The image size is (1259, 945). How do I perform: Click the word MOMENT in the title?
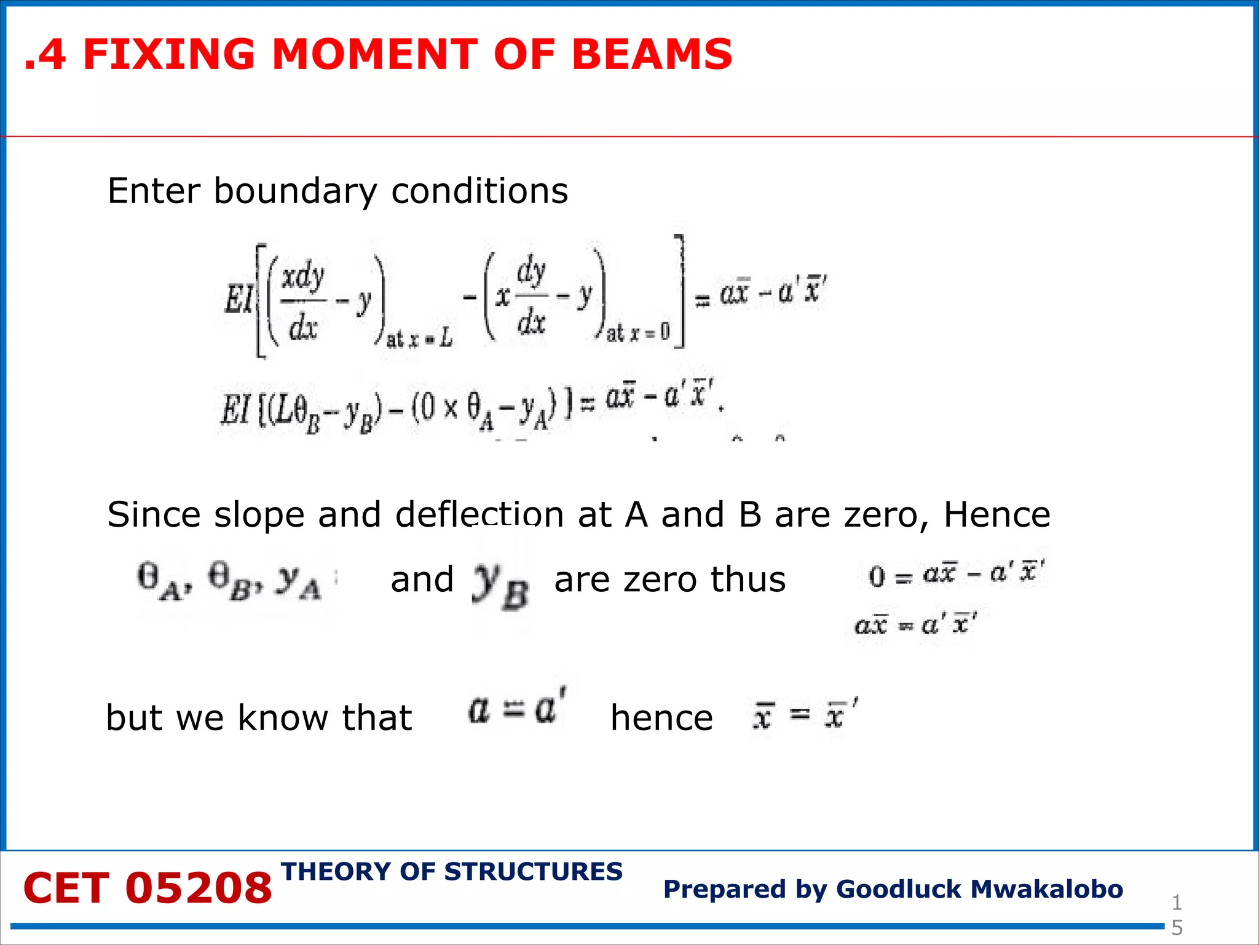374,54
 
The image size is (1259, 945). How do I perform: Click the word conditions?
480,191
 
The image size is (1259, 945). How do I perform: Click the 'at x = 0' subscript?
638,333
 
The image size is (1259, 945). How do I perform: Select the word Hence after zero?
997,514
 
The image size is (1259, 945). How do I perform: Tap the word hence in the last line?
661,718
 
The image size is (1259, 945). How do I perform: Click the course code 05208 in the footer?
198,888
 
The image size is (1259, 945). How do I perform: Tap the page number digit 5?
1177,928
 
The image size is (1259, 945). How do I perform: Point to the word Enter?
154,191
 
